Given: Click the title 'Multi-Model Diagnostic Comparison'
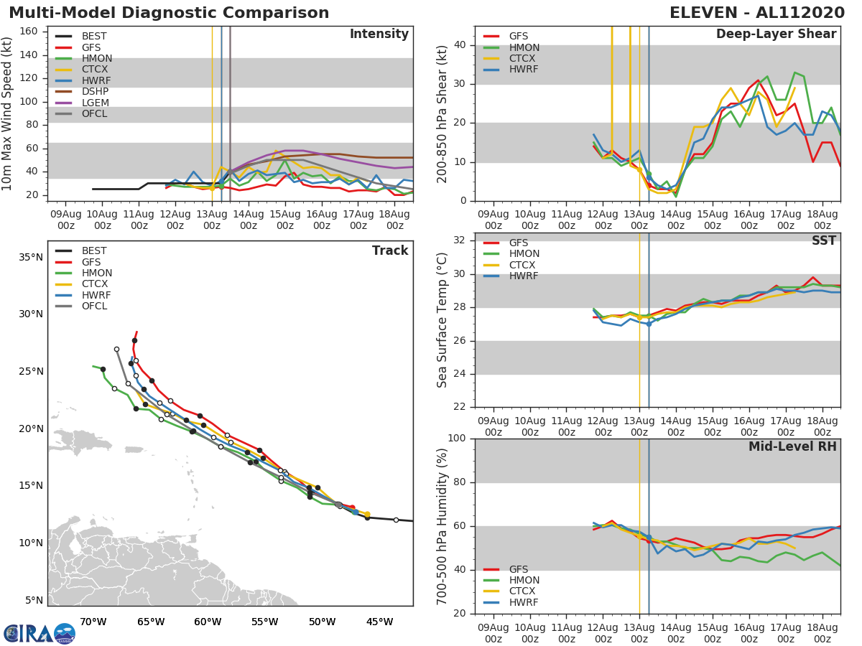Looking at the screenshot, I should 169,13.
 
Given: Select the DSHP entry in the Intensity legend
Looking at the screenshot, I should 95,91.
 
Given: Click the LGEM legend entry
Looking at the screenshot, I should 95,103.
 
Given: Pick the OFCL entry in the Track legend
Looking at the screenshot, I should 95,306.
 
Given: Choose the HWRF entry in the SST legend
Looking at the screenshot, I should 524,276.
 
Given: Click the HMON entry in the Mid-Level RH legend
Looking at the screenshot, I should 524,580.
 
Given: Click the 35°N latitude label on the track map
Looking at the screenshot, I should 29,257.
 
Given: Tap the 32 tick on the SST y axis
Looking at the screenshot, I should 461,240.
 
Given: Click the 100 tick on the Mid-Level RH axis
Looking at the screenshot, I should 457,439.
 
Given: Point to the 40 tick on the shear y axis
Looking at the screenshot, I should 460,45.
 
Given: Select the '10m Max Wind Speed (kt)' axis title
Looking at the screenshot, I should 8,113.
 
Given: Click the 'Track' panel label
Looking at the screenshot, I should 390,251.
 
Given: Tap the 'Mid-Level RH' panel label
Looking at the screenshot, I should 792,446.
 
